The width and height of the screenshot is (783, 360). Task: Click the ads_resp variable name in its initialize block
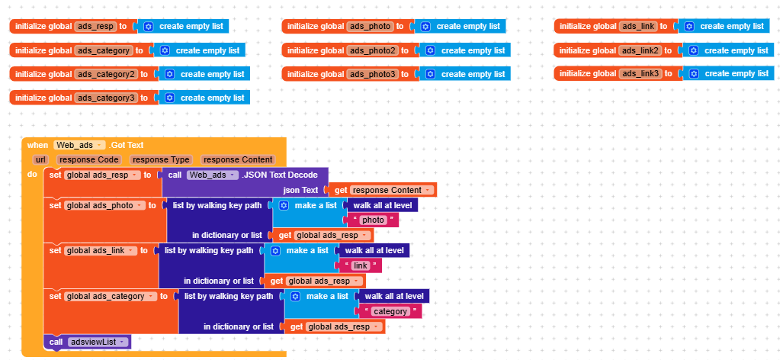(x=95, y=26)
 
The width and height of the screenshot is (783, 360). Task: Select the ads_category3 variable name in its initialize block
(x=106, y=98)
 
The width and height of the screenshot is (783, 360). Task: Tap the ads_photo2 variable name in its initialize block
(x=373, y=50)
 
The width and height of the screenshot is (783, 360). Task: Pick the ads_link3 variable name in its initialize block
(x=640, y=73)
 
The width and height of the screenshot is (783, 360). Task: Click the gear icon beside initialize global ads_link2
(x=694, y=50)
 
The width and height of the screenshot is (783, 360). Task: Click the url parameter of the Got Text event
(x=40, y=159)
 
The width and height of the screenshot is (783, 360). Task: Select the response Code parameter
(x=89, y=159)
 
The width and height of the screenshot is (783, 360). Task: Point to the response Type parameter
(x=161, y=159)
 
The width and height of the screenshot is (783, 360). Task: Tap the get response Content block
(x=382, y=190)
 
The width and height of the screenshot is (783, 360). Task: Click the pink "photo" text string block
(x=373, y=220)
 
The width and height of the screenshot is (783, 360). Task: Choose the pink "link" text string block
(x=360, y=265)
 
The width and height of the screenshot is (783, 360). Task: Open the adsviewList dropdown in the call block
(x=98, y=342)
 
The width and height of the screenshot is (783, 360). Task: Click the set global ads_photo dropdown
(x=104, y=206)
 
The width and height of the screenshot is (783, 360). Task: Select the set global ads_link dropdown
(x=101, y=251)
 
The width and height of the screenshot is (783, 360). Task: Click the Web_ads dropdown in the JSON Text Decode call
(x=212, y=175)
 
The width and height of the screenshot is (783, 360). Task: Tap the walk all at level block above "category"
(x=394, y=296)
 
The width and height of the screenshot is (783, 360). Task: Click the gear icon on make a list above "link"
(x=275, y=251)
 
